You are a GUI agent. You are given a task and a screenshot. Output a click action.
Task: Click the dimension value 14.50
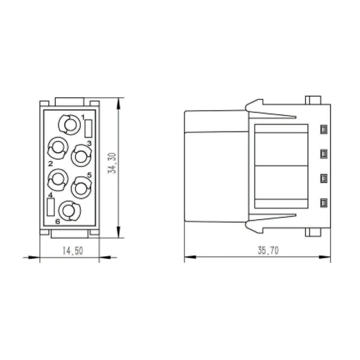(x=73, y=251)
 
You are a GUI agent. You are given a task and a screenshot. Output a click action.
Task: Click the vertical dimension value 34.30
(x=112, y=163)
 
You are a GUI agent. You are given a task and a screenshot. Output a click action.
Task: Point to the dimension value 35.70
(x=268, y=250)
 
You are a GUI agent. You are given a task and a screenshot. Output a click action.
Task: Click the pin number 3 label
(x=89, y=143)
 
